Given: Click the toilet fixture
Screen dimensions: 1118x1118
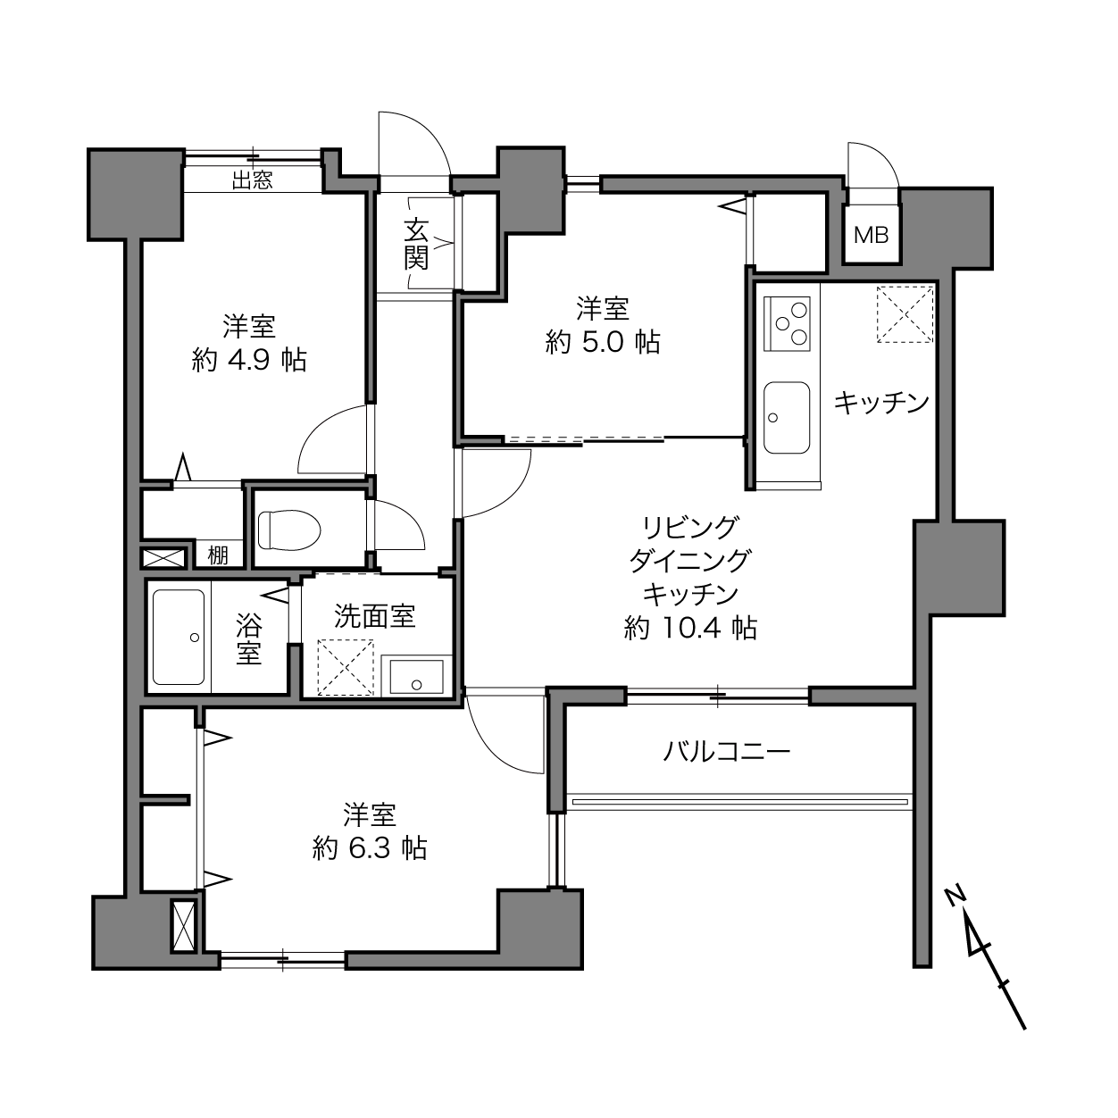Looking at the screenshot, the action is pos(289,530).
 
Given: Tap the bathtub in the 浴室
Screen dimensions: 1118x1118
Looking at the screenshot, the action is pos(179,637).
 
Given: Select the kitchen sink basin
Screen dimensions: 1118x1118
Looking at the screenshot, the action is pos(787,417).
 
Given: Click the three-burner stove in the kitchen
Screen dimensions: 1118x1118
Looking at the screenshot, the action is pos(787,324).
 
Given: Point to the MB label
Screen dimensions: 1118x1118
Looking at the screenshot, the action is pos(871,235).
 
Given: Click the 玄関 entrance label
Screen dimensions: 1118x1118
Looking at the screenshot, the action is pos(416,244).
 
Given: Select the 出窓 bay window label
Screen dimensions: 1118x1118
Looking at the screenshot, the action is pos(253,180).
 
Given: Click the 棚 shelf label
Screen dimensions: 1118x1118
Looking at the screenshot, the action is pos(218,555).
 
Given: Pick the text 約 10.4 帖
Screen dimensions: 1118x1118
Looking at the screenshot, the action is pos(690,629).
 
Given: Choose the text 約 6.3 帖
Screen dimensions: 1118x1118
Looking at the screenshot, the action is pos(370,849).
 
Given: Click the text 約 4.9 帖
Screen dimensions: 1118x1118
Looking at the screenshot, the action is pos(249,360).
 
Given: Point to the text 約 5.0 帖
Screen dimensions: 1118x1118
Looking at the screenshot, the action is pos(603,342).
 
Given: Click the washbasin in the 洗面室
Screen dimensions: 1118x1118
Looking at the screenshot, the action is pos(416,677).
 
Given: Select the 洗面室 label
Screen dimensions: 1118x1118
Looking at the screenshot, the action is pos(375,616).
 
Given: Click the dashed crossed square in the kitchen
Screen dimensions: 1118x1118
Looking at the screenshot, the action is pos(905,314).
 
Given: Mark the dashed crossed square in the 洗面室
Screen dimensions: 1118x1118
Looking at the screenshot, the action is pos(346,667).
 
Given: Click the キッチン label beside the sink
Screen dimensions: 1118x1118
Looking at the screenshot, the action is pos(882,402).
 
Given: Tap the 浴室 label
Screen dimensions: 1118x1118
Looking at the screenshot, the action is pos(249,638).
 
